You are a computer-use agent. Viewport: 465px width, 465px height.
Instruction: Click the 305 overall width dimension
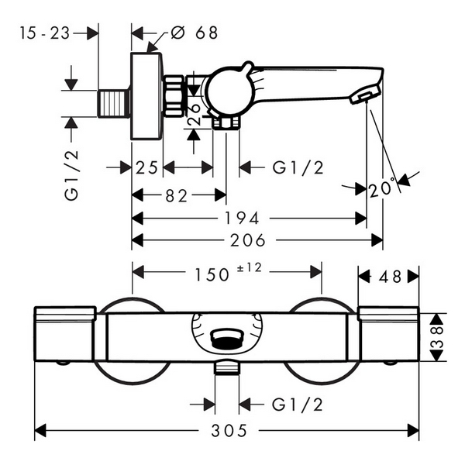point(234,430)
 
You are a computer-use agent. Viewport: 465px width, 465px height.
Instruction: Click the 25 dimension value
point(146,167)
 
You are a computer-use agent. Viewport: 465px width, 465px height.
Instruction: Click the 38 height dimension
point(438,338)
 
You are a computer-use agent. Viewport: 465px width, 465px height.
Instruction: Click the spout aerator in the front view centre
point(226,339)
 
